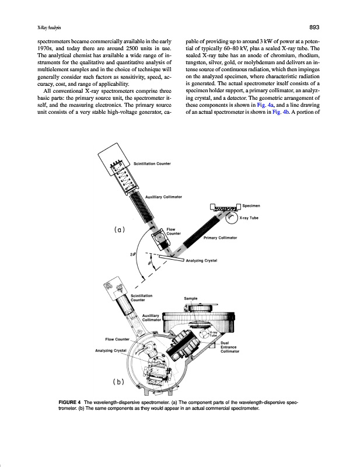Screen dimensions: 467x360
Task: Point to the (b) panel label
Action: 119,382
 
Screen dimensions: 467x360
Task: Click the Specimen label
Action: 251,206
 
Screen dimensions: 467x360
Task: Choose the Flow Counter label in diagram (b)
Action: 117,339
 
